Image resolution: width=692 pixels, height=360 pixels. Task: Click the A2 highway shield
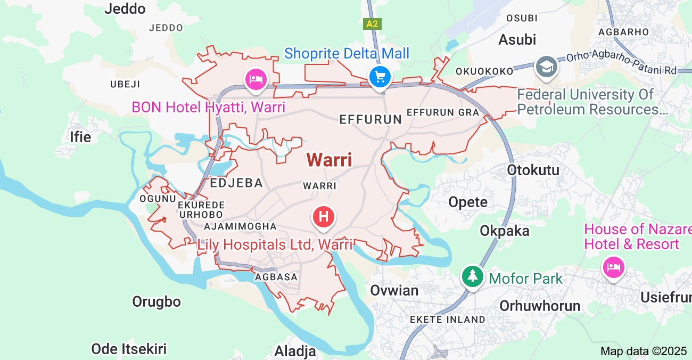coord(373,24)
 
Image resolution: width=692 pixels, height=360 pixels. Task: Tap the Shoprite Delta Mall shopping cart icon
coord(380,77)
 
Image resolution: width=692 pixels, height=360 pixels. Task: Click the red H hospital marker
coord(324,217)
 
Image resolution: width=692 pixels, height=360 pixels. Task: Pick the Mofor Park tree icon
coord(472,276)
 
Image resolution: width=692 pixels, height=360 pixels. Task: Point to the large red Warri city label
coord(329,160)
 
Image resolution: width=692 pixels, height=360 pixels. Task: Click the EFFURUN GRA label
coord(443,112)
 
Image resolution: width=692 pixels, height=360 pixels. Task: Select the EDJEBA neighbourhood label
coord(236,183)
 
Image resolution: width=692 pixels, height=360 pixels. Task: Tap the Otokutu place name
coord(533,170)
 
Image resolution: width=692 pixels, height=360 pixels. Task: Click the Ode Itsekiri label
coord(129,349)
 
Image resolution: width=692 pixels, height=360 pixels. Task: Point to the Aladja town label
coord(295,351)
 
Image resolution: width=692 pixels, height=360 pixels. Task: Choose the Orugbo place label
coord(156,301)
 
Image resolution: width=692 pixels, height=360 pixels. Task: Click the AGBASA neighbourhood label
coord(276,277)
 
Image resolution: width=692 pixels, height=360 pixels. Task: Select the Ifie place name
coord(80,137)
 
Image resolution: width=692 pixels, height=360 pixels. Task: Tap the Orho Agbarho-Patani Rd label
coord(621,63)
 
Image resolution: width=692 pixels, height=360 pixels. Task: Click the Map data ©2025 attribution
coord(644,351)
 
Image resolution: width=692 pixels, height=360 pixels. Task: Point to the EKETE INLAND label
coord(448,320)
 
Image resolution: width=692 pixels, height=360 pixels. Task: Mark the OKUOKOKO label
coord(484,71)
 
